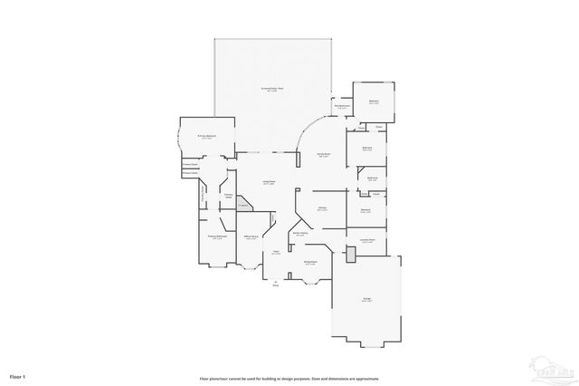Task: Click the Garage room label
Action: coord(366,301)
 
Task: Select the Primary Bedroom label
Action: coord(206,137)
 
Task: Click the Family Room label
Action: coord(322,155)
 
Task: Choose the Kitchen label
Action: coord(321,208)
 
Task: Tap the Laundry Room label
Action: coord(367,240)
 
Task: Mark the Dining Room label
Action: coord(309,263)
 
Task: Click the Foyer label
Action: coord(276,253)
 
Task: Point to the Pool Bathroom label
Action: coord(342,106)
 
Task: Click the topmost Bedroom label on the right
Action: coord(374,101)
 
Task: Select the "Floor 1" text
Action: coord(18,375)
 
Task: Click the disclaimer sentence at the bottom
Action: coord(289,377)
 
